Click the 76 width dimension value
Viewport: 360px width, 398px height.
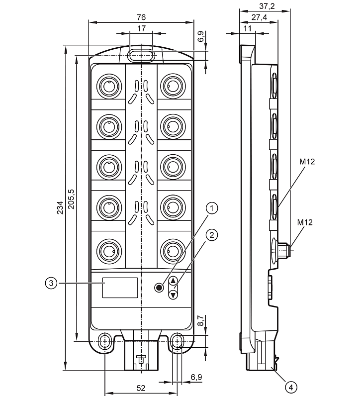point(141,17)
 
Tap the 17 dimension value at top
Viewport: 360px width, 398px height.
point(141,29)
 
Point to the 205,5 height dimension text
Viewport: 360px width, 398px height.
point(71,199)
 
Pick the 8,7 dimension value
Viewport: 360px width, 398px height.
point(200,321)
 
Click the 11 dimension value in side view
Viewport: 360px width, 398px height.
point(247,29)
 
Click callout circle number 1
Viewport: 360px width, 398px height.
point(212,208)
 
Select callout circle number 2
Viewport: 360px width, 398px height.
point(212,235)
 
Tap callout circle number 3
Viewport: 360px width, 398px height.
point(50,283)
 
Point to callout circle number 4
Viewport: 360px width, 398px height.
point(291,386)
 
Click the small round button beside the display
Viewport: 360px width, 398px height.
point(159,288)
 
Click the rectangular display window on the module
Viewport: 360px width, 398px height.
point(120,288)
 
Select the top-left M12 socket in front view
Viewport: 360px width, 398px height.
point(108,86)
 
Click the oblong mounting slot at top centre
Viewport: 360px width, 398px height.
point(141,55)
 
